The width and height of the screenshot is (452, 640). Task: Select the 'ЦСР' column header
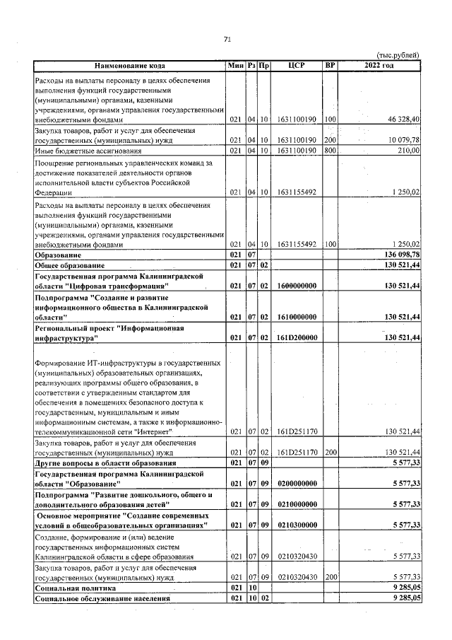pyautogui.click(x=297, y=66)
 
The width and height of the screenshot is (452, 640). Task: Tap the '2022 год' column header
pyautogui.click(x=379, y=66)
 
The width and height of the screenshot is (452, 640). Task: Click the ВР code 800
pyautogui.click(x=329, y=151)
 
